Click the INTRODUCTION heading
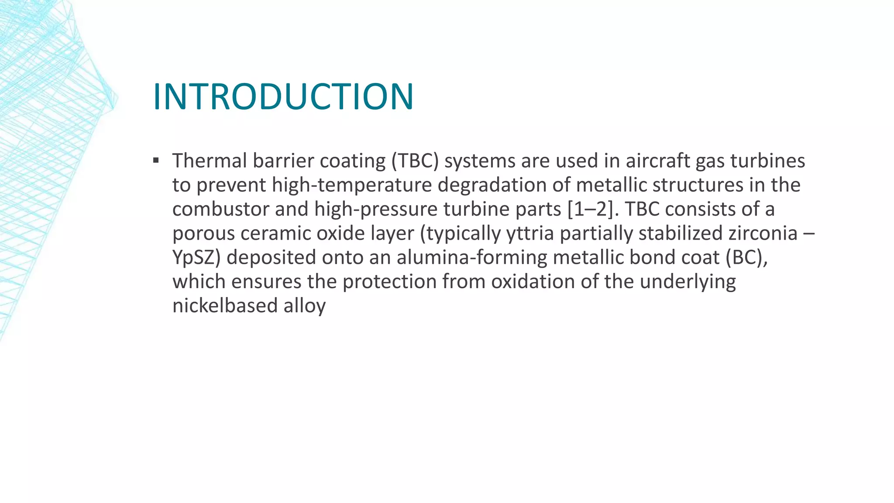coord(283,96)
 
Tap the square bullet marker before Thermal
coord(156,160)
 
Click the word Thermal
coord(210,161)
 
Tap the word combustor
coord(220,209)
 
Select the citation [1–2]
coord(593,209)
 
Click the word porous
coord(203,233)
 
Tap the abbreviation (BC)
coord(746,257)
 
